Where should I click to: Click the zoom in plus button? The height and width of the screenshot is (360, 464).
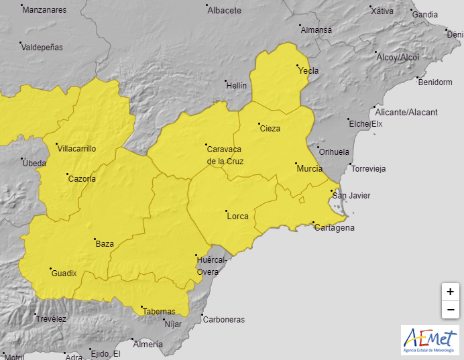click(450, 292)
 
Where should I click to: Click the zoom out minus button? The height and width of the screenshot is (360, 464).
click(450, 310)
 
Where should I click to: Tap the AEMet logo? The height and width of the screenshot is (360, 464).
click(430, 341)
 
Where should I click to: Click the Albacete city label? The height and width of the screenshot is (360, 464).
click(224, 11)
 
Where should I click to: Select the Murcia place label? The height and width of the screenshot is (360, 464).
click(310, 168)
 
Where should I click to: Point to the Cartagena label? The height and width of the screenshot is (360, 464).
click(335, 228)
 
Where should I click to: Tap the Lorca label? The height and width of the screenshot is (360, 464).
click(238, 216)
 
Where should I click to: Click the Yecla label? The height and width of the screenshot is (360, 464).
click(308, 70)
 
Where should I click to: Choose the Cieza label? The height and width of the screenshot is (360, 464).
click(270, 128)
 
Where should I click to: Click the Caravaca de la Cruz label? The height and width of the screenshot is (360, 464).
click(225, 155)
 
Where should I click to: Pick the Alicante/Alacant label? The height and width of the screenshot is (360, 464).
click(406, 112)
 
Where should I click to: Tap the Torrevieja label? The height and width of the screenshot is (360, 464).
click(369, 168)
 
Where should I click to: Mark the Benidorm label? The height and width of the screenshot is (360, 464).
click(434, 82)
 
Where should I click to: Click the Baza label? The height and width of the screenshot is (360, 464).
click(105, 244)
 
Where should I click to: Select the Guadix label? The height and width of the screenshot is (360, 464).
click(64, 273)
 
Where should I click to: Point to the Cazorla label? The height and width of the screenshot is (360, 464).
click(82, 178)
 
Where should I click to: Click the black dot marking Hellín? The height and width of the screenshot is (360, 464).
click(227, 81)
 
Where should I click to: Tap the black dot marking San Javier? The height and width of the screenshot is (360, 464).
click(331, 192)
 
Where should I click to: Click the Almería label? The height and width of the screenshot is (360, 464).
click(148, 344)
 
